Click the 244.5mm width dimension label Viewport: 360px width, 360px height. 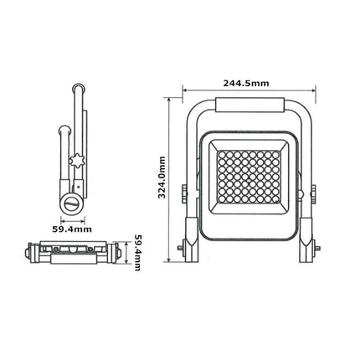pos(246,83)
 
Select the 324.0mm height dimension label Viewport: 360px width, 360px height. pos(162,177)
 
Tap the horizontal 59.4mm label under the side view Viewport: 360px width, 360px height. pos(72,229)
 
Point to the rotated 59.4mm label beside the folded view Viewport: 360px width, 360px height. pos(137,252)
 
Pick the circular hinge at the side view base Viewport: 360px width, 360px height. pos(72,203)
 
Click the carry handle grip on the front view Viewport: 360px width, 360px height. pos(249,105)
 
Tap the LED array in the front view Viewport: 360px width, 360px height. pos(249,177)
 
